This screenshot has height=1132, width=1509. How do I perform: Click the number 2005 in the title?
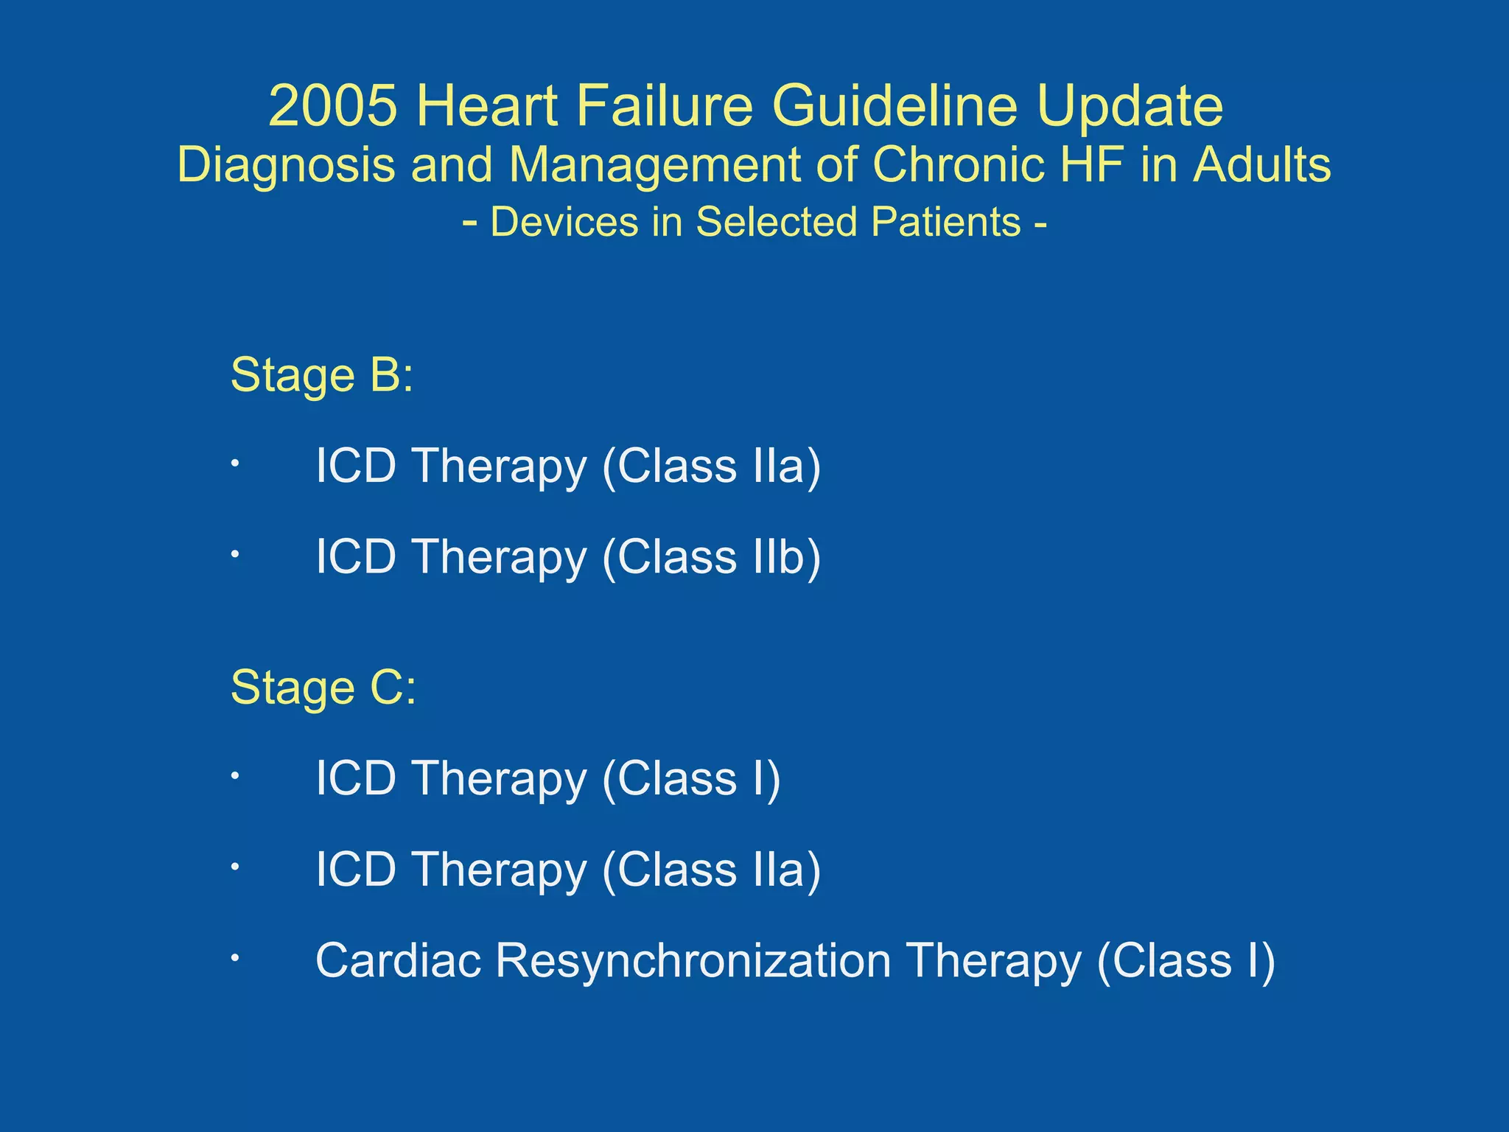coord(332,106)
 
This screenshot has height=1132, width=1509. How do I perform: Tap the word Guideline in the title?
coord(894,106)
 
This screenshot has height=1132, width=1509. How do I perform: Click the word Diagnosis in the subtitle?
coord(286,165)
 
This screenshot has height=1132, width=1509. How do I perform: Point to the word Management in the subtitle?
coord(654,165)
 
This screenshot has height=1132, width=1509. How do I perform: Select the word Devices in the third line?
coord(564,222)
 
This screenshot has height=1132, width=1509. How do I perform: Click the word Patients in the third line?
coord(945,222)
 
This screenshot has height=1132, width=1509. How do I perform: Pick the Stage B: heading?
coord(322,375)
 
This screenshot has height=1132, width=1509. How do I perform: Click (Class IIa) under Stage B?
coord(711,467)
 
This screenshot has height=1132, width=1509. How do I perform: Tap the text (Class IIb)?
coord(711,557)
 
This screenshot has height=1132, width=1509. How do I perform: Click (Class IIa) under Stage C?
coord(711,870)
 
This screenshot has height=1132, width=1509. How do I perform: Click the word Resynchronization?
coord(693,962)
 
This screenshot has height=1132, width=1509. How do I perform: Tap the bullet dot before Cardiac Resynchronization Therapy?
coord(234,958)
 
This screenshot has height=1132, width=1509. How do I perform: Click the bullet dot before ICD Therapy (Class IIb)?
coord(234,553)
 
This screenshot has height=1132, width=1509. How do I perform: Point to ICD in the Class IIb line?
coord(356,556)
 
